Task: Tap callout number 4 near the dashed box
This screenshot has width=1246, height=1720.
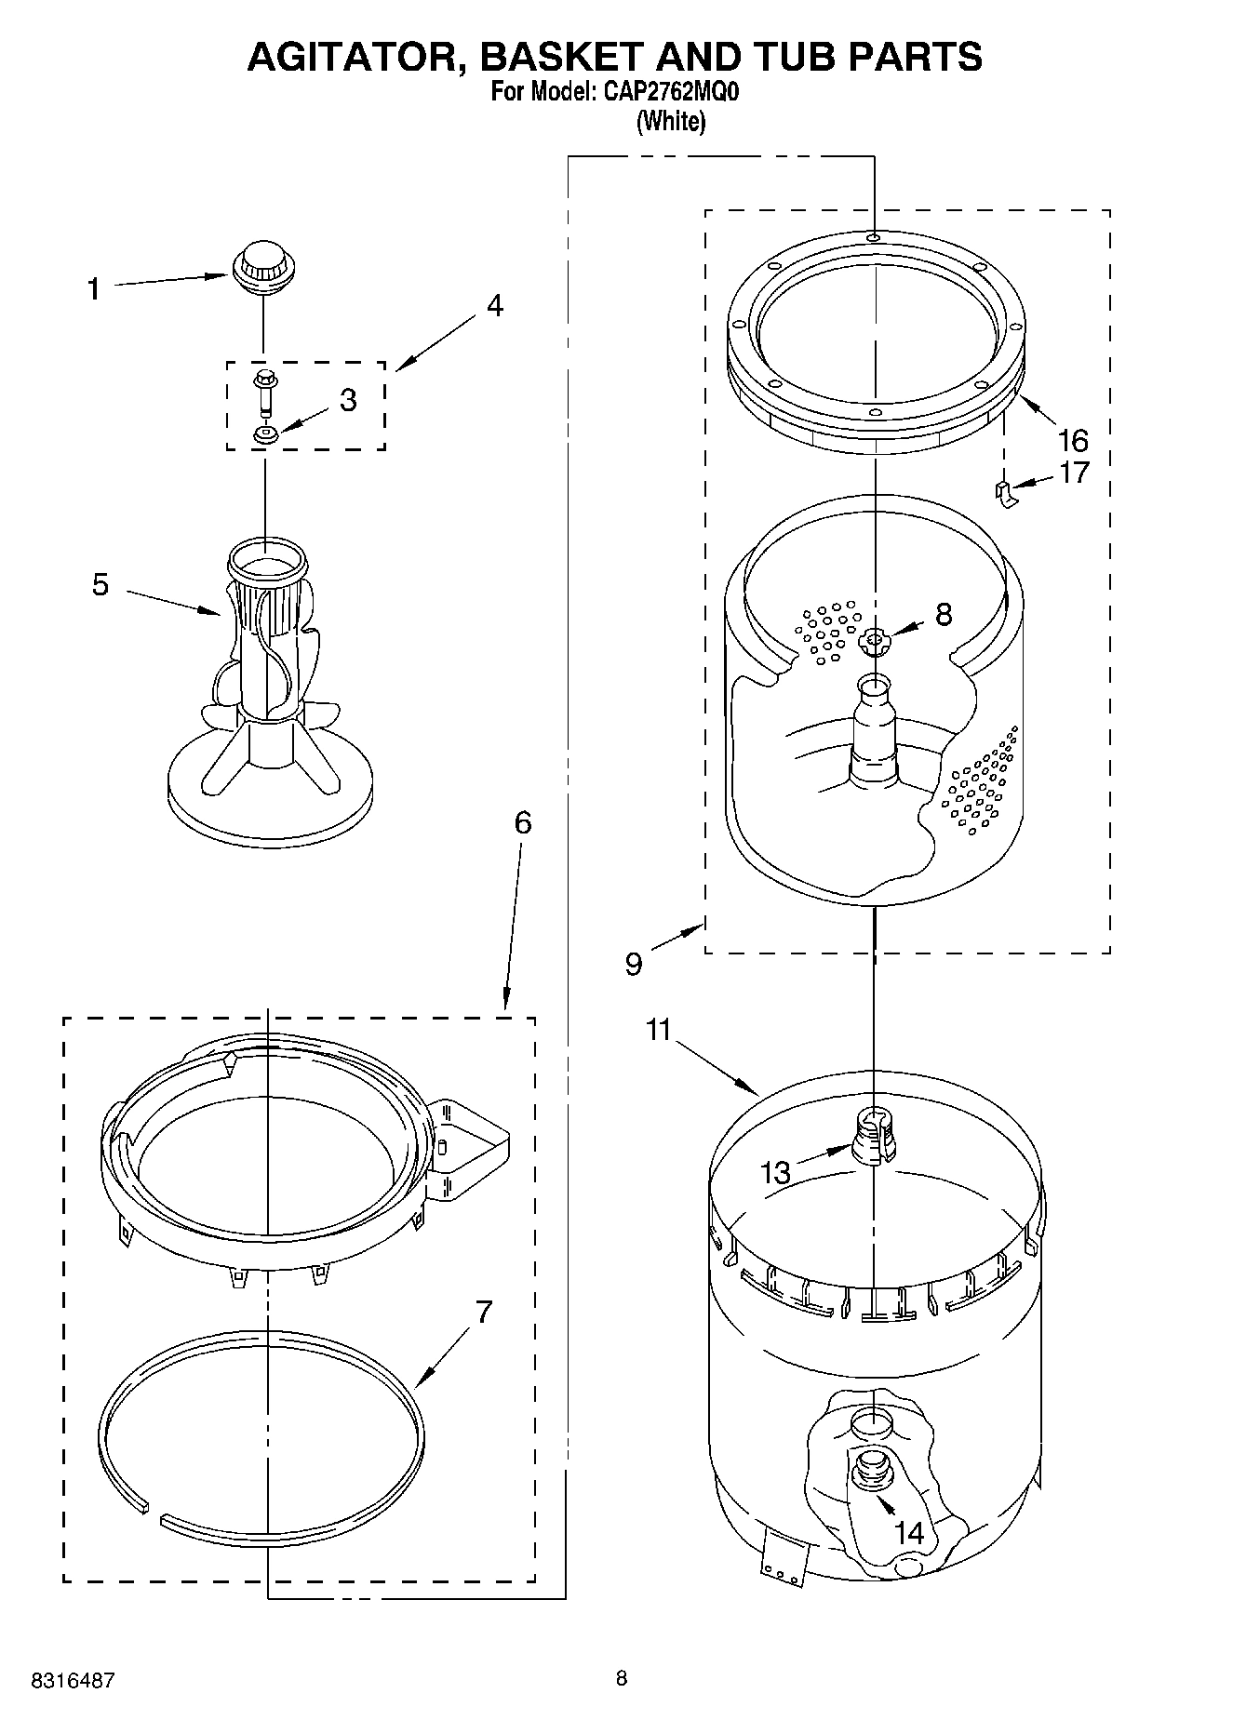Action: [x=494, y=305]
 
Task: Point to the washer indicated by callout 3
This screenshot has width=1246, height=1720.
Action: [x=265, y=433]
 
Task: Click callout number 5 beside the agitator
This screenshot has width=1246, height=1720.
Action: [x=100, y=585]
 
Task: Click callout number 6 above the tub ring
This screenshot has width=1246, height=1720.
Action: [x=522, y=822]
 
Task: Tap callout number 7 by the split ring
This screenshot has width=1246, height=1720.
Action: [x=484, y=1312]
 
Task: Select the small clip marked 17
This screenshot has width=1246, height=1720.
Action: [x=1004, y=494]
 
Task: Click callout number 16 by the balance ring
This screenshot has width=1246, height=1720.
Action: [x=1073, y=439]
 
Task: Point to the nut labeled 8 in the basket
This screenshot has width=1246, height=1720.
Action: [x=874, y=639]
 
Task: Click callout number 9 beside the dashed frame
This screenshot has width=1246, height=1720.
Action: [x=634, y=965]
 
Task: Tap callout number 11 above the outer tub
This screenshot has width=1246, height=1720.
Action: [x=659, y=1031]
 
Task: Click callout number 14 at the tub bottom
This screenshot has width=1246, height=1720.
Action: [x=909, y=1531]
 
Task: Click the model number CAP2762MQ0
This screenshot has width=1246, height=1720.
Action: [x=665, y=93]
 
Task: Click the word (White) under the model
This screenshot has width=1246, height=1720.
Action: [x=670, y=121]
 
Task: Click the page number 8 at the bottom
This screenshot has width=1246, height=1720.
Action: [x=622, y=1678]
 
